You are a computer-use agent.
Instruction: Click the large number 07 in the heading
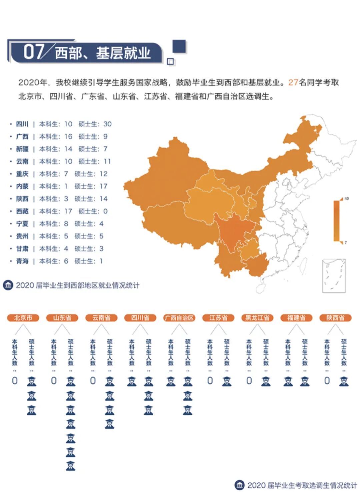(33, 52)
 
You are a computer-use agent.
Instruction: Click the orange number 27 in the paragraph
(293, 83)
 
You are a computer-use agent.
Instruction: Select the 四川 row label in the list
(22, 124)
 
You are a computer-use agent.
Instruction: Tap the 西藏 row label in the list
(22, 212)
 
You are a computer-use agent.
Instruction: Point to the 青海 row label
(22, 261)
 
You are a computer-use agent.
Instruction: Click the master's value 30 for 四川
(107, 124)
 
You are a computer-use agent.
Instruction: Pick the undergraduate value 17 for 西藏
(68, 212)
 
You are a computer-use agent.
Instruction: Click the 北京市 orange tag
(23, 318)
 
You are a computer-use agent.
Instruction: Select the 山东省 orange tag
(62, 318)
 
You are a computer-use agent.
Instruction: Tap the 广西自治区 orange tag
(179, 318)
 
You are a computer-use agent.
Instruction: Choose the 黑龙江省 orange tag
(257, 318)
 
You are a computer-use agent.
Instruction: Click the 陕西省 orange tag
(335, 318)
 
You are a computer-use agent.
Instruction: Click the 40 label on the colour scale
(347, 199)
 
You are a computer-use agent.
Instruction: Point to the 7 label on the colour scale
(346, 243)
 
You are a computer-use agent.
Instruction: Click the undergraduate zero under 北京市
(15, 381)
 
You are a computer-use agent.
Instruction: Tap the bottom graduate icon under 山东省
(70, 466)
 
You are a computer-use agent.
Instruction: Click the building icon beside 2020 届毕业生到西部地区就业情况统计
(8, 285)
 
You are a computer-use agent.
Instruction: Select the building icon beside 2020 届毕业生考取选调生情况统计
(239, 485)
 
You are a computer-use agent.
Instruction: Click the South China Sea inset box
(334, 276)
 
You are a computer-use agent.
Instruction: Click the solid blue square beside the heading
(179, 47)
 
